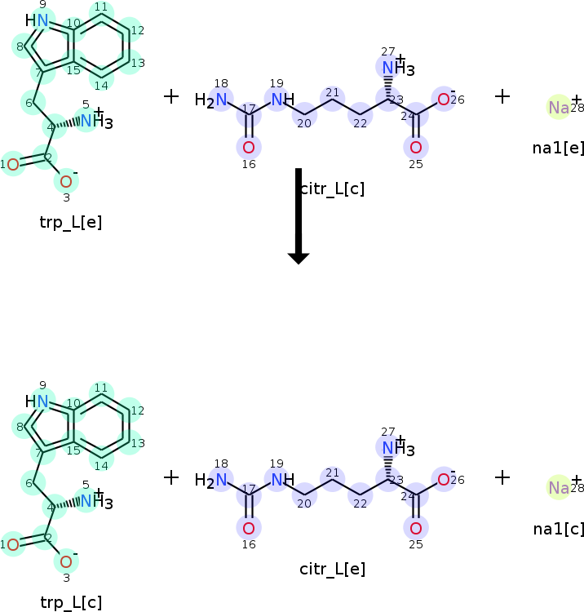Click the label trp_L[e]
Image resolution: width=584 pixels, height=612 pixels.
pyautogui.click(x=71, y=221)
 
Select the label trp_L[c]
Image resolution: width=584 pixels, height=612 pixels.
pyautogui.click(x=71, y=602)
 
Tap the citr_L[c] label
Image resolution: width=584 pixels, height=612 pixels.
pyautogui.click(x=332, y=188)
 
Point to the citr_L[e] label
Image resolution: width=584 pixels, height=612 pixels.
pyautogui.click(x=332, y=569)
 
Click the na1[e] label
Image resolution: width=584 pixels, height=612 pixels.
pyautogui.click(x=558, y=148)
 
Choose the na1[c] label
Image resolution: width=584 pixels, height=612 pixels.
pyautogui.click(x=558, y=528)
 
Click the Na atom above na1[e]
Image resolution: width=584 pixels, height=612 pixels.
pyautogui.click(x=559, y=108)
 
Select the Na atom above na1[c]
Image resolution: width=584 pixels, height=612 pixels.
pyautogui.click(x=559, y=488)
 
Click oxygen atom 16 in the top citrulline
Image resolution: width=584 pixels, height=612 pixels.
pyautogui.click(x=249, y=148)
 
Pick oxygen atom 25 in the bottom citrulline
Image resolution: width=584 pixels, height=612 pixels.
pyautogui.click(x=416, y=528)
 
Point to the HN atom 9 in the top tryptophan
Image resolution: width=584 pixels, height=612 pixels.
pyautogui.click(x=38, y=20)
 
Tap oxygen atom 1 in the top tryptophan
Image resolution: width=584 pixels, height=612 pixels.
pyautogui.click(x=12, y=164)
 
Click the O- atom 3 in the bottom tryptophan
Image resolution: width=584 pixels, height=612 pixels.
pyautogui.click(x=66, y=561)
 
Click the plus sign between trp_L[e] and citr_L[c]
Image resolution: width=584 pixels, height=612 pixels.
pyautogui.click(x=171, y=96)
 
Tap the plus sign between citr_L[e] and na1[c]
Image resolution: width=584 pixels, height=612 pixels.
pyautogui.click(x=502, y=477)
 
